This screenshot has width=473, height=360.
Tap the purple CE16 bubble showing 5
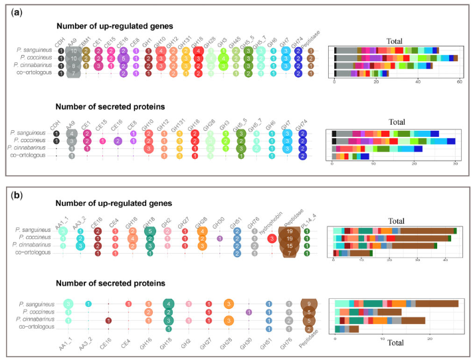pos(124,58)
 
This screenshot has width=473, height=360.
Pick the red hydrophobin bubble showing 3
pos(272,238)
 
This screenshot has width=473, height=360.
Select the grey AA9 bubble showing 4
pos(71,133)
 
